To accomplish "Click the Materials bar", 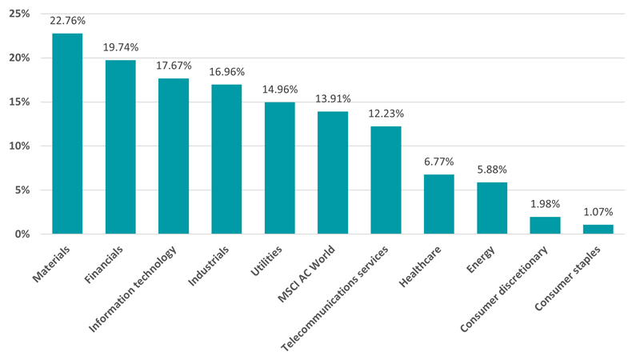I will [67, 134].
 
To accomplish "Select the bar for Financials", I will [120, 146].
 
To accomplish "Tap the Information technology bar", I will [173, 156].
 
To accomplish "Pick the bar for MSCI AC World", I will [332, 172].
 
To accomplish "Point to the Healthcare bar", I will [438, 204].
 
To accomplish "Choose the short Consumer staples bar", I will [598, 229].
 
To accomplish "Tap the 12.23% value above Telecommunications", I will [386, 114].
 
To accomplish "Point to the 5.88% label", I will [491, 170].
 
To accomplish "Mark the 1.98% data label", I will [545, 204].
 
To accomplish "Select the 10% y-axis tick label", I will [20, 146].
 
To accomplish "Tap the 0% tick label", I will [22, 234].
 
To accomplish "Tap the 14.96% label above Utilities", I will [279, 90].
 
